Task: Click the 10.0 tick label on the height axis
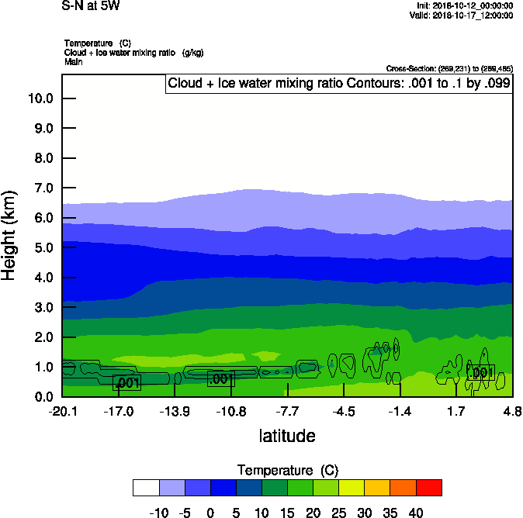pyautogui.click(x=40, y=98)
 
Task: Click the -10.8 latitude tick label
pyautogui.click(x=231, y=410)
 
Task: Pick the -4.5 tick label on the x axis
pyautogui.click(x=344, y=410)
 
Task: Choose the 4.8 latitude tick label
pyautogui.click(x=511, y=410)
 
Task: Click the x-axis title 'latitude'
pyautogui.click(x=287, y=436)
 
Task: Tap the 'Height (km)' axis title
pyautogui.click(x=10, y=235)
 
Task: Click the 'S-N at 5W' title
pyautogui.click(x=91, y=6)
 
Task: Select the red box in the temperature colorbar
pyautogui.click(x=429, y=487)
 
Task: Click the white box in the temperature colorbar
pyautogui.click(x=146, y=487)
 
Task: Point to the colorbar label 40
pyautogui.click(x=416, y=513)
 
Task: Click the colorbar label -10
pyautogui.click(x=159, y=513)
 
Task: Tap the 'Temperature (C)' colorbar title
pyautogui.click(x=287, y=471)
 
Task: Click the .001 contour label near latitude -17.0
pyautogui.click(x=126, y=382)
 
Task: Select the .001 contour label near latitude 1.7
pyautogui.click(x=481, y=373)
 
